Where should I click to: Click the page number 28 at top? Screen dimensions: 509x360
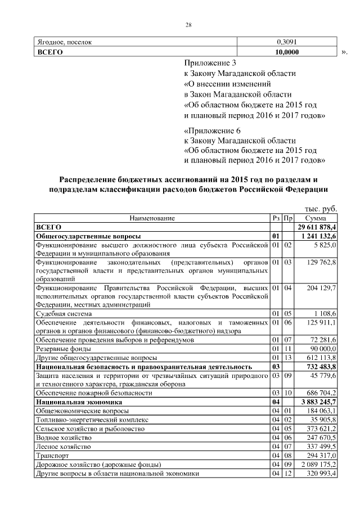(189, 24)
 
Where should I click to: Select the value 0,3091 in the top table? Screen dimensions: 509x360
(287, 42)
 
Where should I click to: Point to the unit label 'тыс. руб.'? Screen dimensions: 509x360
(321, 208)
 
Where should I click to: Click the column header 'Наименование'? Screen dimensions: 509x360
(152, 218)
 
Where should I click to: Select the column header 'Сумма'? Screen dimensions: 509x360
(316, 218)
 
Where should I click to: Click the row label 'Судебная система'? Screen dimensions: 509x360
(64, 313)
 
